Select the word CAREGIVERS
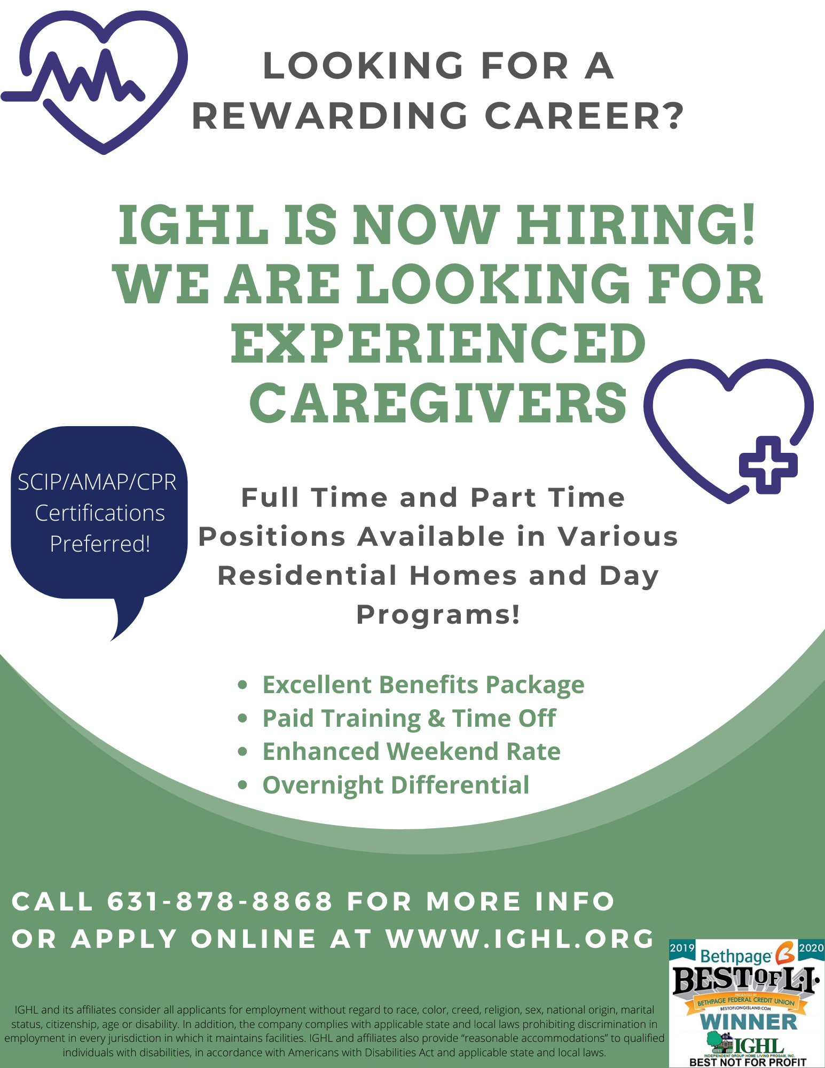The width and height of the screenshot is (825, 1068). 438,403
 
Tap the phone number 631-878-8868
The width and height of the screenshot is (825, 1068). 220,901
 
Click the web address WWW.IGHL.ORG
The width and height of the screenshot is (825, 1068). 520,939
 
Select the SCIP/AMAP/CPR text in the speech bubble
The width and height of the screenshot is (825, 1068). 97,482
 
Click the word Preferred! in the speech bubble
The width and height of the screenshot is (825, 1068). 100,544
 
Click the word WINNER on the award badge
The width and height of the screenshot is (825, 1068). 748,1022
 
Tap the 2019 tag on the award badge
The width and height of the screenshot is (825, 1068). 682,948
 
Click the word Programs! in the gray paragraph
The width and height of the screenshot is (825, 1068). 438,615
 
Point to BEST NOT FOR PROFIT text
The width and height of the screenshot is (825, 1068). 748,1062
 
